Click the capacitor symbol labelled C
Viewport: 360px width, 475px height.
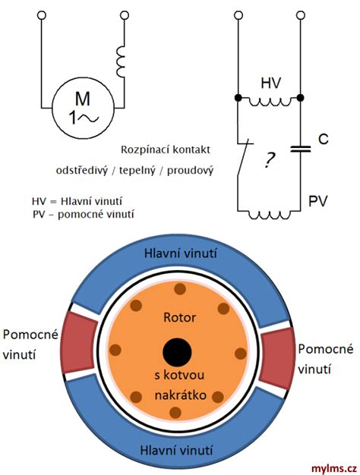[x=301, y=149]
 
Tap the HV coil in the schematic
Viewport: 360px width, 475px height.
[x=270, y=102]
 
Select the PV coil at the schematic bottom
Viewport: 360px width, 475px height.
[x=270, y=215]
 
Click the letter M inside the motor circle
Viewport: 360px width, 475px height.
[x=83, y=99]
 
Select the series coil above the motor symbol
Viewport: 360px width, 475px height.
[x=121, y=61]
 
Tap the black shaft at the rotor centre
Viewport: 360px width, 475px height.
[x=177, y=352]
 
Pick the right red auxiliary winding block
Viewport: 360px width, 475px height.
[x=278, y=358]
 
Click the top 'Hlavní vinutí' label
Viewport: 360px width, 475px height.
[x=181, y=253]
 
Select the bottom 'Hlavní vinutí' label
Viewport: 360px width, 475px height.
[x=176, y=450]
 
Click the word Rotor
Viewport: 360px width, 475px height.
[x=179, y=317]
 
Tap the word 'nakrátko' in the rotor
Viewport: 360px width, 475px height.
[x=181, y=395]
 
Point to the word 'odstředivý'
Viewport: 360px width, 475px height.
[x=81, y=171]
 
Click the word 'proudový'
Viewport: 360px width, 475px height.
[x=190, y=171]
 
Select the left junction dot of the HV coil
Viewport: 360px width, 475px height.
[x=238, y=98]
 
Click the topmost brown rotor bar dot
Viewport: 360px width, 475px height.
[x=180, y=288]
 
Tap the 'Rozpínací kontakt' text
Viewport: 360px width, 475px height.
[x=166, y=149]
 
